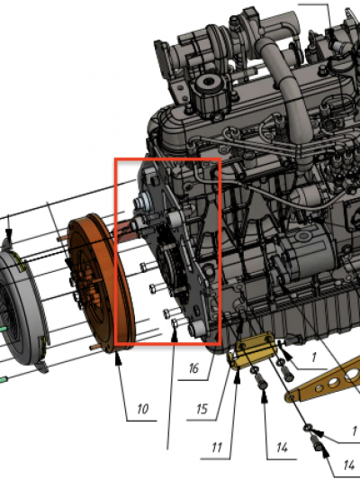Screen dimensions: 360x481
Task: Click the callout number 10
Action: (143, 409)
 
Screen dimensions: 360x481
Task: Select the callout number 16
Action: (193, 368)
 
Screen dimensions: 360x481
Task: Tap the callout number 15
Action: (202, 409)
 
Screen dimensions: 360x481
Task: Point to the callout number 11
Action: (217, 448)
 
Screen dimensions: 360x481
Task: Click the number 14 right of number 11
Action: (283, 448)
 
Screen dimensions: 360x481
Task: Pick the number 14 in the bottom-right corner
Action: (349, 465)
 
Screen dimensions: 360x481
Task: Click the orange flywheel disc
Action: (101, 283)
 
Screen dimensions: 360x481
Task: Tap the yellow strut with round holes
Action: (325, 381)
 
